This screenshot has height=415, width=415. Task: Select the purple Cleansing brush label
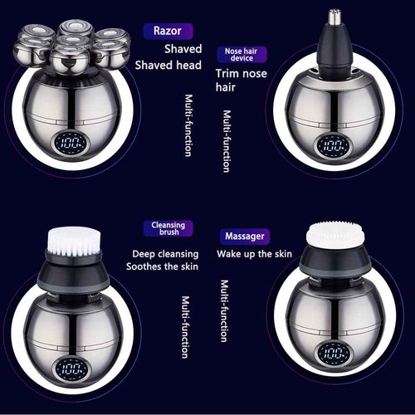coord(168,229)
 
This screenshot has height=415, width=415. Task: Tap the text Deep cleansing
coord(166,253)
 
